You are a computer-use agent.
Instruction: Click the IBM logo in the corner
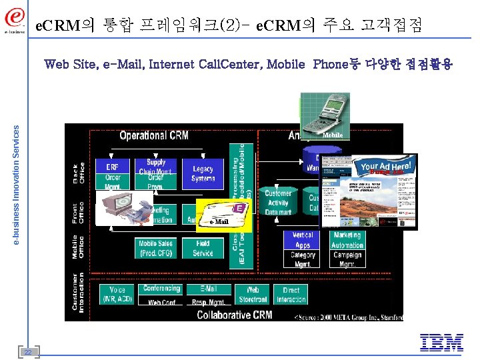click(441, 343)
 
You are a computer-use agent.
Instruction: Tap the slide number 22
click(28, 351)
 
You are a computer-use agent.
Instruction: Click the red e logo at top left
click(15, 18)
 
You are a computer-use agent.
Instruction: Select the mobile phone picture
click(325, 117)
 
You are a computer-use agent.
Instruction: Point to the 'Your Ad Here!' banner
click(386, 167)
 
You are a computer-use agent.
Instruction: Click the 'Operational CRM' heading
click(154, 135)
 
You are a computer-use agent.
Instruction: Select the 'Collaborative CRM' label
click(234, 314)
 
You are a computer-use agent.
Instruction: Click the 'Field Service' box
click(203, 249)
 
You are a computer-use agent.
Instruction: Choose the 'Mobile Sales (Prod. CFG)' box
click(156, 249)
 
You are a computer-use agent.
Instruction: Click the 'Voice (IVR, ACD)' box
click(117, 294)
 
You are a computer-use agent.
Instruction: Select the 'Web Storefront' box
click(253, 294)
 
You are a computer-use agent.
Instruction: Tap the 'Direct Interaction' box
click(291, 294)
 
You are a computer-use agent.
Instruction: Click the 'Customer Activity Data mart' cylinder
click(278, 202)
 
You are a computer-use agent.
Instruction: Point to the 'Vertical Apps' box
click(303, 240)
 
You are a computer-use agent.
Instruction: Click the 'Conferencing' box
click(161, 289)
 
